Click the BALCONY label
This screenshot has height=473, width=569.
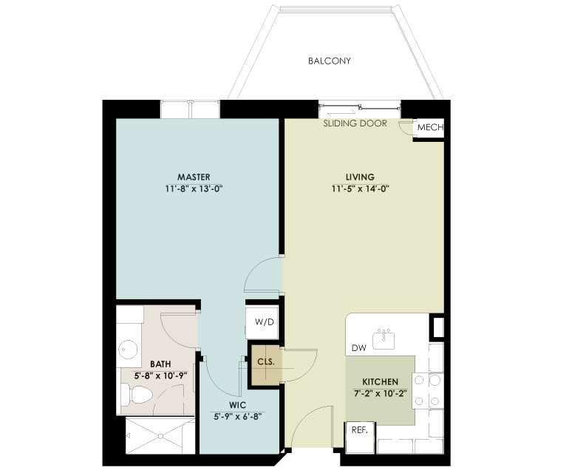point(330,61)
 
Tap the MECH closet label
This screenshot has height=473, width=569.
point(430,127)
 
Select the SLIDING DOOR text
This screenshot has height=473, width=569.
point(355,123)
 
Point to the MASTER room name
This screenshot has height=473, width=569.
point(194,177)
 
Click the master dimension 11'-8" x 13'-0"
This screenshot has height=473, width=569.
point(194,188)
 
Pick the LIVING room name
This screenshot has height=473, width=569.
point(360,177)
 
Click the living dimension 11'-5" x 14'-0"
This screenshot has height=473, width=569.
point(360,188)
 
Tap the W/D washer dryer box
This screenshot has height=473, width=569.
point(262,322)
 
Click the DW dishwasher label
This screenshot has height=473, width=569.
point(359,348)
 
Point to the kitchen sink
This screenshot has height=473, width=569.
point(384,340)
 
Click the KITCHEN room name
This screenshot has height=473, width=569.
point(381,382)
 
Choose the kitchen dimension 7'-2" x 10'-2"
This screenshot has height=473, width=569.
point(381,393)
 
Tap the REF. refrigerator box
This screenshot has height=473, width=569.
point(360,438)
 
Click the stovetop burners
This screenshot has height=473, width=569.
point(428,391)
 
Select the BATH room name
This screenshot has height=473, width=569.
point(160,364)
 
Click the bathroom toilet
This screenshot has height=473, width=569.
point(136,395)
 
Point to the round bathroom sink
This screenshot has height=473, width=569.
point(127,350)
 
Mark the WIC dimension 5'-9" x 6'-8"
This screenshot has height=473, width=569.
point(238,416)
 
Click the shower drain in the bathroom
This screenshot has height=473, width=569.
point(160,435)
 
